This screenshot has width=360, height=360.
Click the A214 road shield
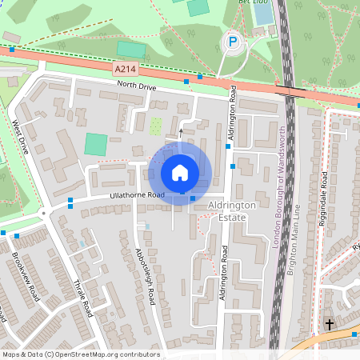coord(125,70)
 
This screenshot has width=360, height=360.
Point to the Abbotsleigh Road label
coord(144,276)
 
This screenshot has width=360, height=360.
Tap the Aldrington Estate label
coord(231,211)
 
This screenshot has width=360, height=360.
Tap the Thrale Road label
coord(83,298)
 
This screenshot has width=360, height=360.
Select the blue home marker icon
coord(180,173)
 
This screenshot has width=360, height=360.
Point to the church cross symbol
coord(329,324)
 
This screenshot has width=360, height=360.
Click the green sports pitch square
coord(96,145)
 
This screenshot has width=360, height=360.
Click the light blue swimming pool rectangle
coord(262,14)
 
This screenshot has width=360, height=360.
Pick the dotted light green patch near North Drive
coord(157,126)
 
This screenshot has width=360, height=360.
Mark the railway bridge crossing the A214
coord(289,91)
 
